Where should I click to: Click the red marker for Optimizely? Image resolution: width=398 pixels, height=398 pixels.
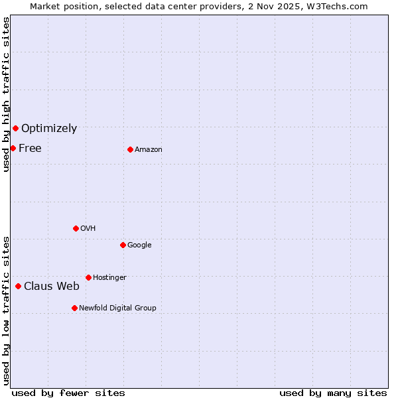(x=15, y=128)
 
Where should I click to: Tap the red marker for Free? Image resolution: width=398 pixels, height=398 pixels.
(x=13, y=148)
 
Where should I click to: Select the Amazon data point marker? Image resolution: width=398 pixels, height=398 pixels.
(x=130, y=149)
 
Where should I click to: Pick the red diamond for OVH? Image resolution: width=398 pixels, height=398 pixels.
(x=76, y=228)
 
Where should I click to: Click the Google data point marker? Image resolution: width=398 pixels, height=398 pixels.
(x=123, y=245)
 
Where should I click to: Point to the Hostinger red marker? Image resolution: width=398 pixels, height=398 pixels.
(x=88, y=277)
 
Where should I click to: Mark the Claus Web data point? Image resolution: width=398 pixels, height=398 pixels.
(x=18, y=286)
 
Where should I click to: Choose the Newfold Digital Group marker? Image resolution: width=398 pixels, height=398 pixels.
(x=74, y=308)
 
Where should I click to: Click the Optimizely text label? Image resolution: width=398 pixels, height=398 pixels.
(x=49, y=129)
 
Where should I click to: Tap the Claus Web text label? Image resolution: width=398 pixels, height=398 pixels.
(x=52, y=287)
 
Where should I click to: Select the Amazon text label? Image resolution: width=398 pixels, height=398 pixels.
(x=149, y=150)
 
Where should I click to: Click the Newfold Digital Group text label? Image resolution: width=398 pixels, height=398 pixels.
(x=117, y=308)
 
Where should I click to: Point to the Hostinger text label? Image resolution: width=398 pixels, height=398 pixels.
(x=109, y=278)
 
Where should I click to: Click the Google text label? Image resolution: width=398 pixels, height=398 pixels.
(x=139, y=245)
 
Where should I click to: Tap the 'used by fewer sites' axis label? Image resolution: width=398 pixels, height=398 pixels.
(x=68, y=393)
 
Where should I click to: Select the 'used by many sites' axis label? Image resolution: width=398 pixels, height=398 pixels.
(x=333, y=393)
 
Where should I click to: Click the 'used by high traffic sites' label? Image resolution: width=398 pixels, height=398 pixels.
(x=6, y=94)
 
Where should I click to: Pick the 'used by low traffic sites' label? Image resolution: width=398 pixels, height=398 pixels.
(x=6, y=310)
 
